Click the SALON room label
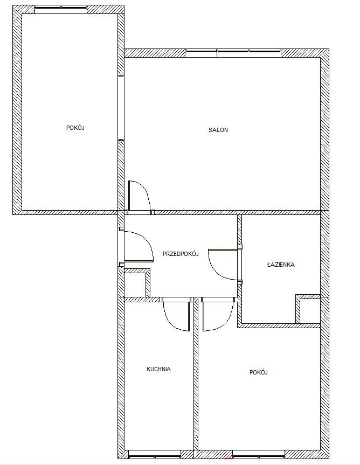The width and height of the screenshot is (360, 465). pyautogui.click(x=218, y=130)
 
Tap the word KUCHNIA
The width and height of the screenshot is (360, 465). pyautogui.click(x=158, y=369)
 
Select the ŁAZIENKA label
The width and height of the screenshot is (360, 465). pyautogui.click(x=281, y=264)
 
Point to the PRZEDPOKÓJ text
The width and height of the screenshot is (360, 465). pyautogui.click(x=181, y=254)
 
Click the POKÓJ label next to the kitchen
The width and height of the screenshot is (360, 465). pyautogui.click(x=259, y=372)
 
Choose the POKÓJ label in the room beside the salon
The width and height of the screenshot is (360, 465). pyautogui.click(x=75, y=128)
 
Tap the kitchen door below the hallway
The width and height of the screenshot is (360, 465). pyautogui.click(x=176, y=314)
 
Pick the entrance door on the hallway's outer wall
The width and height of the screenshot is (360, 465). pyautogui.click(x=138, y=245)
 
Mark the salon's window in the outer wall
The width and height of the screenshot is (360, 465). pyautogui.click(x=233, y=53)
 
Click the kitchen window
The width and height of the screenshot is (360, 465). pyautogui.click(x=155, y=454)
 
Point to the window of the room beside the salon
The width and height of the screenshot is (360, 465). pyautogui.click(x=61, y=9)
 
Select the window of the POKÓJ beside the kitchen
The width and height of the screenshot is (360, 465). pyautogui.click(x=259, y=454)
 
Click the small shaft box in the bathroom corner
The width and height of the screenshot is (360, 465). pyautogui.click(x=308, y=309)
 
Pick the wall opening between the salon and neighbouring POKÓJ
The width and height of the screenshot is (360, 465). pyautogui.click(x=121, y=108)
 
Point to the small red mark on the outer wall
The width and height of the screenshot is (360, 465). pyautogui.click(x=229, y=459)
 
